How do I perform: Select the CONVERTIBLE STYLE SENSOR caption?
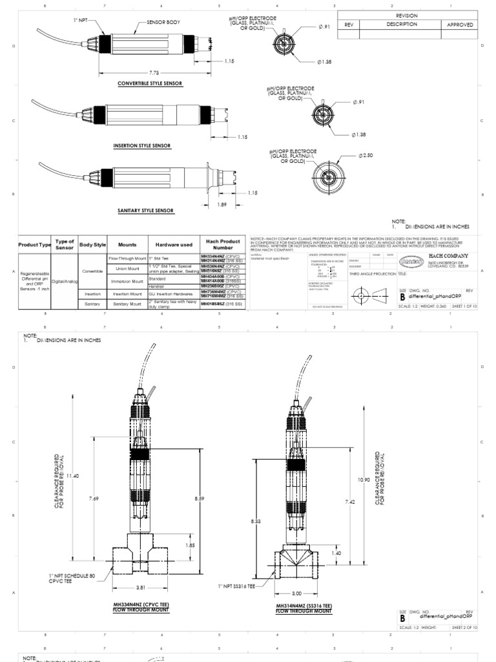149,83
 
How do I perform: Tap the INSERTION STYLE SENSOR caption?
143,146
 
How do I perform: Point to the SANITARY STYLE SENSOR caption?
146,210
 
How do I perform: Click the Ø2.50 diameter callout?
366,156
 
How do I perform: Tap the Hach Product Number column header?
223,244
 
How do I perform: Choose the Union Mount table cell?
127,268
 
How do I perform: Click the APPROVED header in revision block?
460,25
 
